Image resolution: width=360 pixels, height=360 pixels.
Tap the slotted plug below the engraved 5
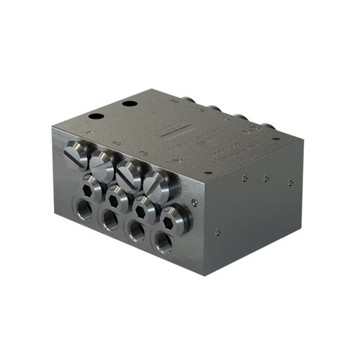[x=102, y=165]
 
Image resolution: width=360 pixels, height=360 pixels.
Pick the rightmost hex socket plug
[x=174, y=216]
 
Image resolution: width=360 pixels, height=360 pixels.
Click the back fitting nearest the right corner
[x=269, y=128]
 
